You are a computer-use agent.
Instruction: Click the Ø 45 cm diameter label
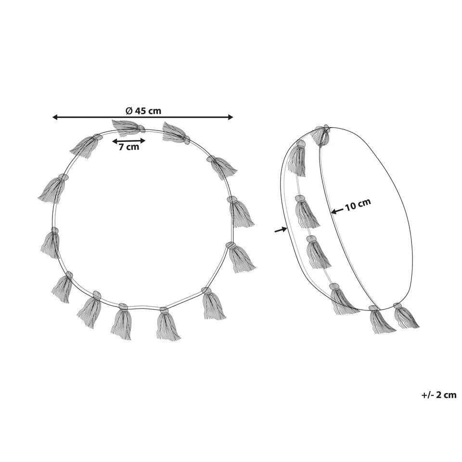pyautogui.click(x=143, y=111)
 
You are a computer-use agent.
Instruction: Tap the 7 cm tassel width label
pyautogui.click(x=129, y=147)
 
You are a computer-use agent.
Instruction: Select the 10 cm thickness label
pyautogui.click(x=358, y=205)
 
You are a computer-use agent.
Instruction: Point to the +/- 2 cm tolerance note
pyautogui.click(x=439, y=395)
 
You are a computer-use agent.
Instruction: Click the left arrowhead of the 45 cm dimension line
pyautogui.click(x=55, y=117)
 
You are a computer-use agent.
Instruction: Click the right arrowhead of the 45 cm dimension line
pyautogui.click(x=231, y=117)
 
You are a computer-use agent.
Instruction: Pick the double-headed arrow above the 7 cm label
pyautogui.click(x=129, y=141)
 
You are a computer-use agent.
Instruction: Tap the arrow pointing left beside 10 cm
pyautogui.click(x=337, y=211)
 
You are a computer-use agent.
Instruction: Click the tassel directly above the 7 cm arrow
pyautogui.click(x=128, y=128)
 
